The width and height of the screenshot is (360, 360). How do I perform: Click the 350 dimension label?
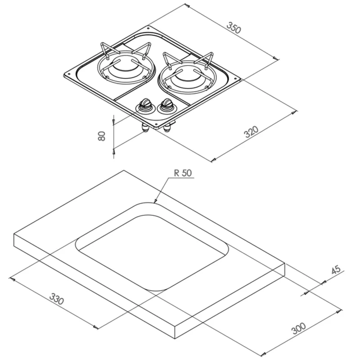(x=234, y=27)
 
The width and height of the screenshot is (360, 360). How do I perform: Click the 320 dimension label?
(x=251, y=132)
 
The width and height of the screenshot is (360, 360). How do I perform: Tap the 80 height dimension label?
(x=102, y=136)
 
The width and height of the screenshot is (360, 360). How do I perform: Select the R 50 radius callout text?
(x=183, y=173)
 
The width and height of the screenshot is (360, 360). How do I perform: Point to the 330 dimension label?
(x=57, y=299)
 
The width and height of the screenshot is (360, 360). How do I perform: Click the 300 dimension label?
(x=299, y=328)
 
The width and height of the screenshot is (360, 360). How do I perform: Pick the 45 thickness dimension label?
(x=336, y=270)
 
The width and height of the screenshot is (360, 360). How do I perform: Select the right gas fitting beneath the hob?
(x=167, y=128)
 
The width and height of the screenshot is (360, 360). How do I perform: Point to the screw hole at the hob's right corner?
(x=235, y=78)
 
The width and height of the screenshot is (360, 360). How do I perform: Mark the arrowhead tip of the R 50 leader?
(x=154, y=202)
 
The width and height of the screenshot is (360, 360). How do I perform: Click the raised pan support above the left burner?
(x=125, y=50)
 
